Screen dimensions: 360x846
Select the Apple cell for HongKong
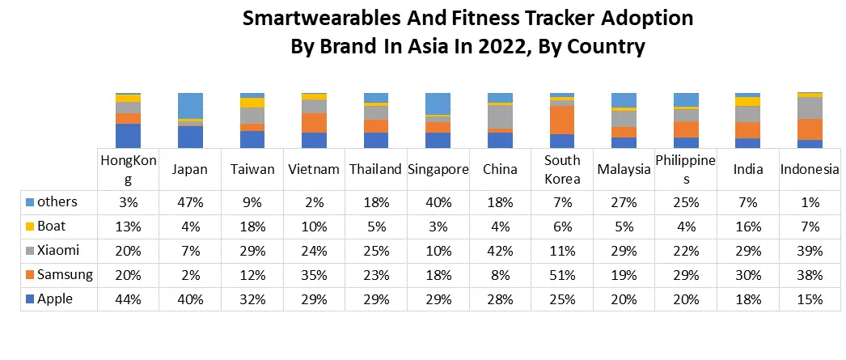(x=129, y=299)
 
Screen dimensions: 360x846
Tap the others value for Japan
(x=190, y=201)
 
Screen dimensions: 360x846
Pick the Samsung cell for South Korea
(x=562, y=275)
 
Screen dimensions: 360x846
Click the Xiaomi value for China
(x=500, y=251)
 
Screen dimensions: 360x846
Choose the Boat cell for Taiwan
(x=252, y=227)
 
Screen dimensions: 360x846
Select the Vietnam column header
(x=314, y=170)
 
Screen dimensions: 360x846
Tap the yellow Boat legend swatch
(x=30, y=227)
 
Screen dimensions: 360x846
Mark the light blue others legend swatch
(x=30, y=201)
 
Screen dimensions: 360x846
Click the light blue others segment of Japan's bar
(x=190, y=105)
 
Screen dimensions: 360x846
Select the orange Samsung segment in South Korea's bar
(x=562, y=120)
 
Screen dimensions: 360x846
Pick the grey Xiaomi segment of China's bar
(x=500, y=116)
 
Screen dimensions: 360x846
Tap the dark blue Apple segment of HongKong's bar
(x=129, y=135)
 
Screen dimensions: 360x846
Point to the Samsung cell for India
(x=748, y=275)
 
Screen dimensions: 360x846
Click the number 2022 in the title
(x=497, y=46)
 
